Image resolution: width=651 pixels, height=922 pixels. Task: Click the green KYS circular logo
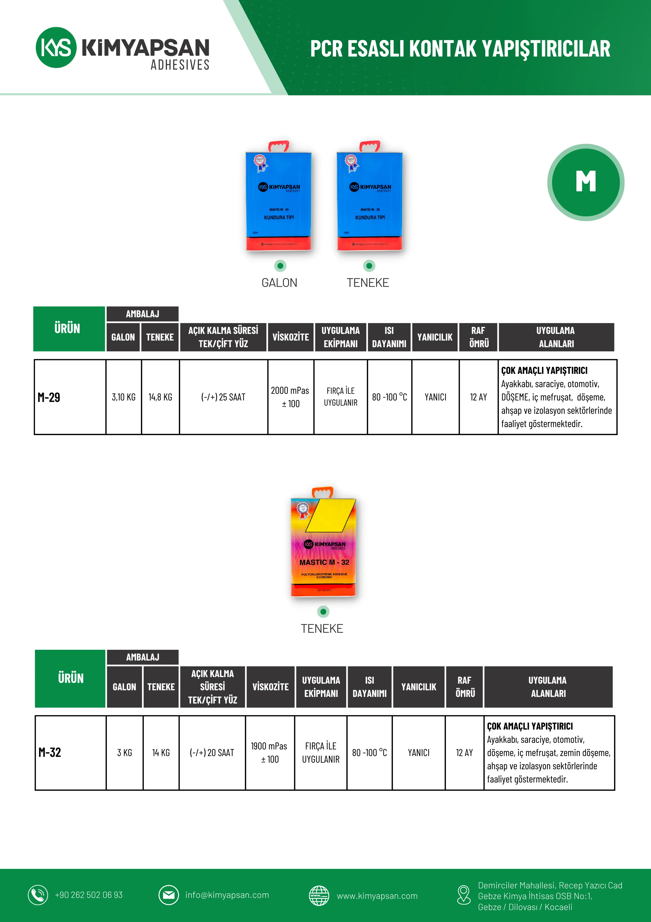pyautogui.click(x=56, y=47)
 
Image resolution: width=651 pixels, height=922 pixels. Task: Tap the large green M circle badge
pyautogui.click(x=586, y=182)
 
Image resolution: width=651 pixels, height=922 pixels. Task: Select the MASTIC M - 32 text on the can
pyautogui.click(x=324, y=562)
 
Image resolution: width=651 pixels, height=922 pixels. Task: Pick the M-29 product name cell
pyautogui.click(x=70, y=397)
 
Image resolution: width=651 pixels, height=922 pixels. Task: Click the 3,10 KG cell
pyautogui.click(x=124, y=397)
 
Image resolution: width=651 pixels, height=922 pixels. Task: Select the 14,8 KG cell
pyautogui.click(x=160, y=397)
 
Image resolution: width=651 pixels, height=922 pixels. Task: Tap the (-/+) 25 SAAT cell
pyautogui.click(x=223, y=397)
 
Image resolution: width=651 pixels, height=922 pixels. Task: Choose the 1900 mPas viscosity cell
pyautogui.click(x=269, y=753)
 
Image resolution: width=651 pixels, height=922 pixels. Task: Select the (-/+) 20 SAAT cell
pyautogui.click(x=212, y=753)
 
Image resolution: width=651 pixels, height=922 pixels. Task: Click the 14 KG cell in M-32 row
pyautogui.click(x=161, y=753)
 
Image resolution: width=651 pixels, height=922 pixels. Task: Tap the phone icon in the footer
pyautogui.click(x=38, y=895)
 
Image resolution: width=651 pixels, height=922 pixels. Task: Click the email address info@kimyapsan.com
pyautogui.click(x=227, y=895)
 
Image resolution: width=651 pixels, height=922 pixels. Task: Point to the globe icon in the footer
pyautogui.click(x=319, y=895)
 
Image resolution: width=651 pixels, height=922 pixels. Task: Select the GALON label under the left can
pyautogui.click(x=279, y=283)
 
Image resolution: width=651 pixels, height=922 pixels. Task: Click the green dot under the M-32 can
pyautogui.click(x=323, y=612)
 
